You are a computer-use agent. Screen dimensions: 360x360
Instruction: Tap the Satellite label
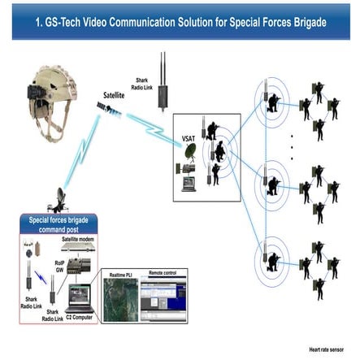[x=114, y=96]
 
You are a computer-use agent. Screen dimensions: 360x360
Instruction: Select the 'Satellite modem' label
[x=79, y=241]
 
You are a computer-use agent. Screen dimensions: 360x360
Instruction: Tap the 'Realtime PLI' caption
[x=122, y=275]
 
